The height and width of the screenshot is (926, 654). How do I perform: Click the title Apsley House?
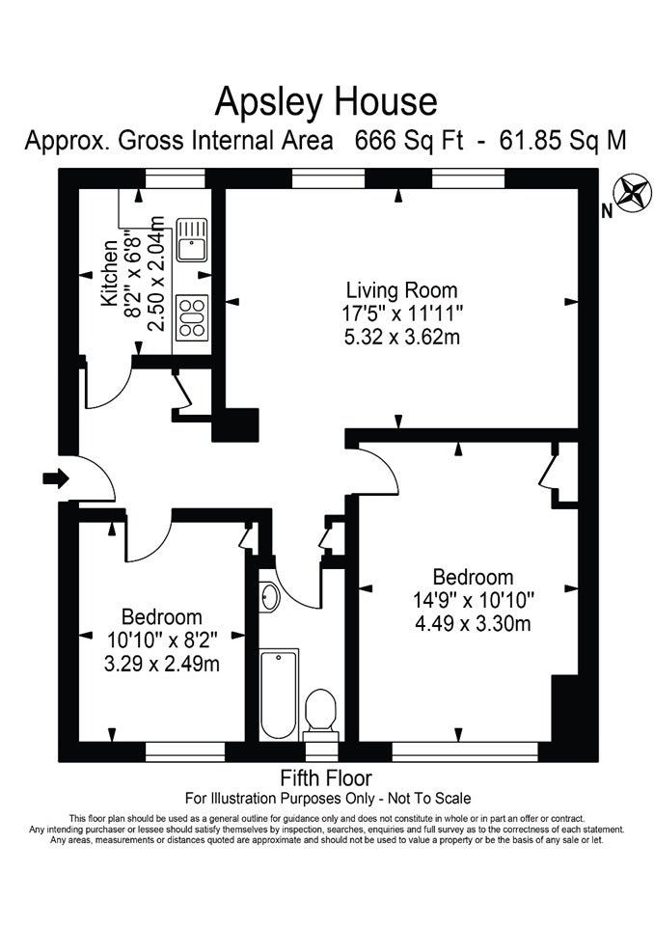[326, 102]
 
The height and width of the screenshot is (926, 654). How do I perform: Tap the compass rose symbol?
[631, 193]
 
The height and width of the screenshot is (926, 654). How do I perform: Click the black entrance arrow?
[56, 477]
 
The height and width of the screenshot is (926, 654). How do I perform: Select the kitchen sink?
[191, 239]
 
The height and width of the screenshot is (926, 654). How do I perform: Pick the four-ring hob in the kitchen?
[192, 317]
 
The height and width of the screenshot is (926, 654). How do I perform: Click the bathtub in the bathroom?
[279, 694]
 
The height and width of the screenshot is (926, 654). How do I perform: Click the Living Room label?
[401, 290]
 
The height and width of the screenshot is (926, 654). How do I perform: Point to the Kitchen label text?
[111, 273]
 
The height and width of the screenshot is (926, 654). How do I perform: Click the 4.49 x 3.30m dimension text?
[473, 624]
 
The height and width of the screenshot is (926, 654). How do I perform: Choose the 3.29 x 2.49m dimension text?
[162, 664]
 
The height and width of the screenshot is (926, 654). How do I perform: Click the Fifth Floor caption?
[326, 777]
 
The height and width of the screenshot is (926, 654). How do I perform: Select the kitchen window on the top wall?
[176, 178]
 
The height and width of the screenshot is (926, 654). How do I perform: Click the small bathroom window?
[322, 751]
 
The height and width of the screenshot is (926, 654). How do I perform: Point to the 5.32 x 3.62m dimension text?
[401, 338]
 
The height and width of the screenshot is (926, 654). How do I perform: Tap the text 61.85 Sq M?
[563, 141]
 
